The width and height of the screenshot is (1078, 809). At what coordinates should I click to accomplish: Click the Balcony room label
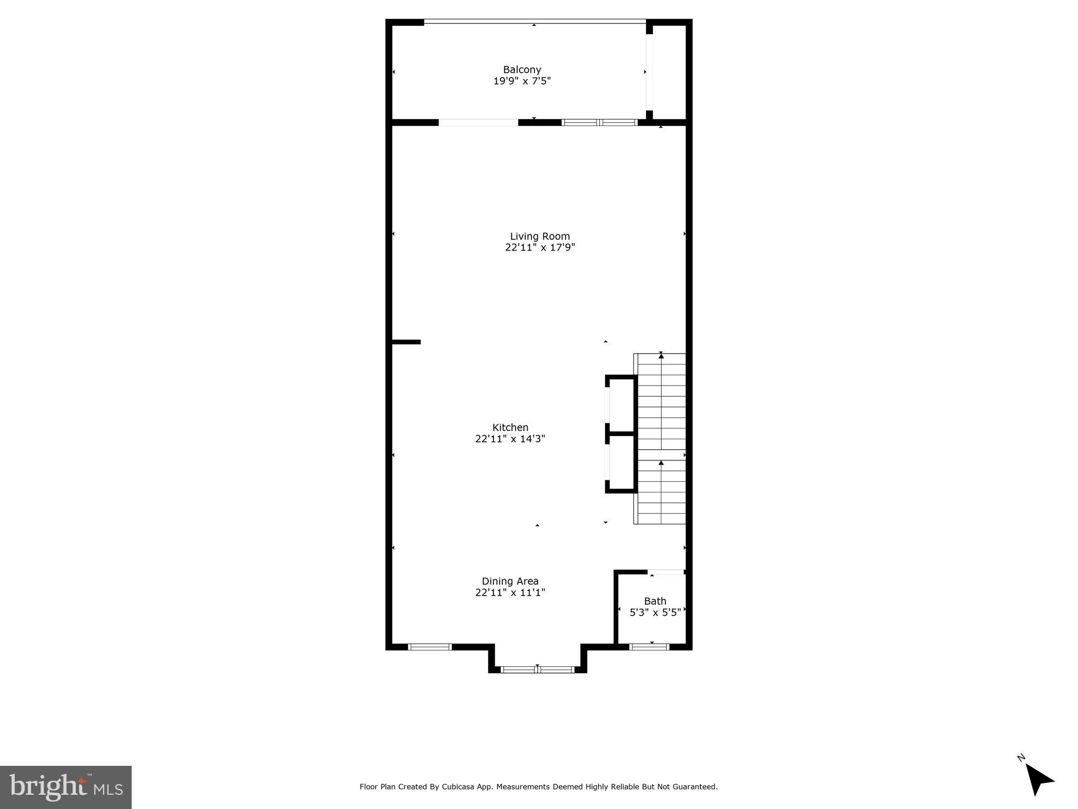coord(521,70)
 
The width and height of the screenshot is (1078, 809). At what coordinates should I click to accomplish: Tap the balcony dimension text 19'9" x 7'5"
coord(521,81)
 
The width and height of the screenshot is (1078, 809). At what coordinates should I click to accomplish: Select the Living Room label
coord(539,236)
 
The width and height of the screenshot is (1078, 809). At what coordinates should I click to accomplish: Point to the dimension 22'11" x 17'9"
coord(539,248)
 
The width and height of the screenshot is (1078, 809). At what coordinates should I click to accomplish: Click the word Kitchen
coord(510,428)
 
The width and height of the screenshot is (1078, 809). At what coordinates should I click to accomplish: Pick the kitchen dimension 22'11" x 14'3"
coord(510,439)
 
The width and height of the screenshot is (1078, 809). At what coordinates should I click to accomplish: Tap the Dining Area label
coord(510,581)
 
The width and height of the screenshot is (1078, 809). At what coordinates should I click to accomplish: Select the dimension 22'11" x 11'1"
coord(510,593)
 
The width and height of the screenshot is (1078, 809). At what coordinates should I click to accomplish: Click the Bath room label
coord(655,601)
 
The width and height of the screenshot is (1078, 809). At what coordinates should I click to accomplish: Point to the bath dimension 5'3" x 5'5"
coord(655,613)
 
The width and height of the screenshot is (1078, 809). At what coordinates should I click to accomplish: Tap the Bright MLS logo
coord(66,787)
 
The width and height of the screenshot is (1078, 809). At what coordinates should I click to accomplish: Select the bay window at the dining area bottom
coord(537,669)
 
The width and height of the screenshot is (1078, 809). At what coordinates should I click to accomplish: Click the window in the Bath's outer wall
coord(649,647)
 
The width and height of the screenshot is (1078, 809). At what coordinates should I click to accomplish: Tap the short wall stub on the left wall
coord(406,342)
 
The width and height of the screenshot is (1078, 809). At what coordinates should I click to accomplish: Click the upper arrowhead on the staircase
coord(661,356)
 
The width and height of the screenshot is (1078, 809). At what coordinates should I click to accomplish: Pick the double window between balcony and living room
coord(599,122)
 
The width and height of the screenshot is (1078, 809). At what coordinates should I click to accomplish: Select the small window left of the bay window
coord(430,647)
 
